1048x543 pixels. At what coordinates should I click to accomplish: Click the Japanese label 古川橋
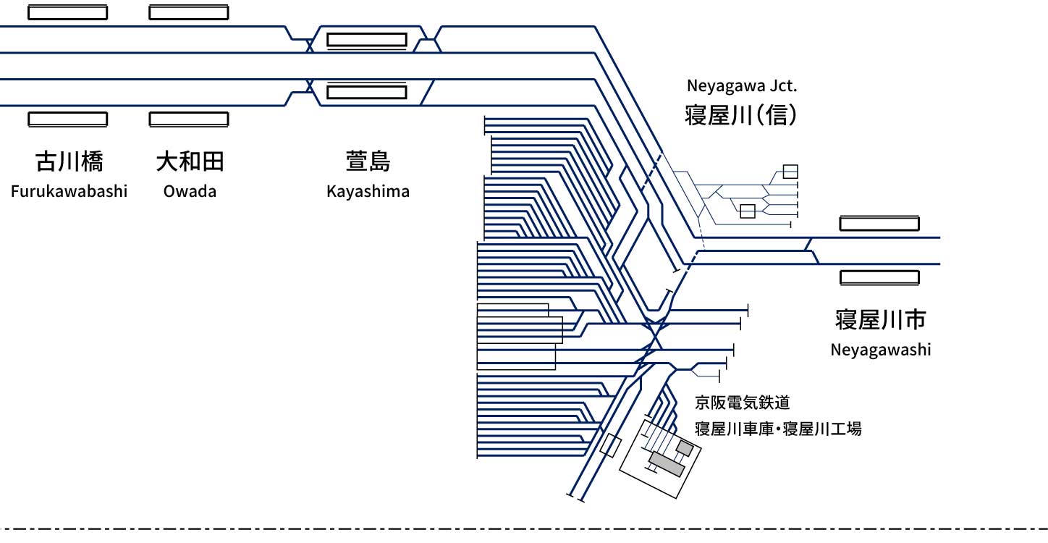tap(69, 161)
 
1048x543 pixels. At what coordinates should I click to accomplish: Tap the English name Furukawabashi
tap(69, 192)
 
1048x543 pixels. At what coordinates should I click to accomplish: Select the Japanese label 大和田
tap(190, 161)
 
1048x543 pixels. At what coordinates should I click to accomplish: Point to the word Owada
tap(190, 192)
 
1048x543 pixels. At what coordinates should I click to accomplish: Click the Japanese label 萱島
tap(368, 161)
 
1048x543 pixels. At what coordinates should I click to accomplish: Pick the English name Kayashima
tap(368, 192)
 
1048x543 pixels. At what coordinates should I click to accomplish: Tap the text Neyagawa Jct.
tap(741, 86)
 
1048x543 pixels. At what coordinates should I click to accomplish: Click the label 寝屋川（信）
tap(741, 115)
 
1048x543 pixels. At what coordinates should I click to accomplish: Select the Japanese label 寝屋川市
tap(880, 319)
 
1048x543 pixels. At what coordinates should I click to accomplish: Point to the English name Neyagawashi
tap(880, 350)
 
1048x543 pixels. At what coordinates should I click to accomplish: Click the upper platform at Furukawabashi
tap(68, 12)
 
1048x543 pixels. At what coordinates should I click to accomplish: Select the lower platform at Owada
tap(188, 119)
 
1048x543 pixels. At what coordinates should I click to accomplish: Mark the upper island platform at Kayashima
tap(366, 40)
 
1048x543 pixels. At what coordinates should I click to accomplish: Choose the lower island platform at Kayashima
tap(366, 93)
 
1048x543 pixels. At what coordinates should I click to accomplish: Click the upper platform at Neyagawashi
tap(879, 224)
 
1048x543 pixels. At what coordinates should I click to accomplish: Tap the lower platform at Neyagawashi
tap(879, 277)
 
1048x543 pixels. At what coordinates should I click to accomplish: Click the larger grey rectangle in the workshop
tap(667, 463)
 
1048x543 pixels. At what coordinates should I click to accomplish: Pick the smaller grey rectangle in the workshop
tap(684, 448)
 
